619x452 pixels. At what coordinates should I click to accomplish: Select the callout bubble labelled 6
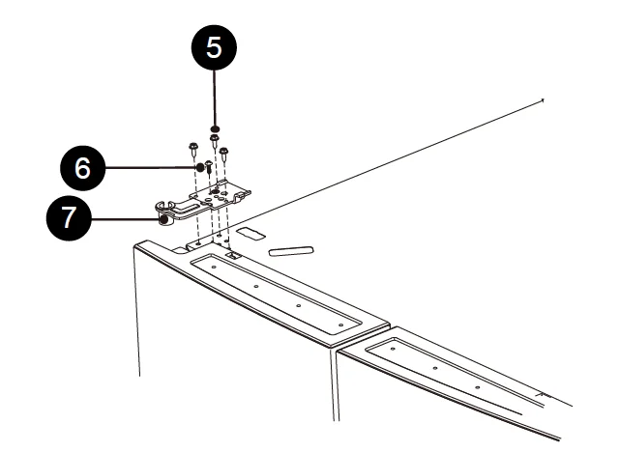coord(82,167)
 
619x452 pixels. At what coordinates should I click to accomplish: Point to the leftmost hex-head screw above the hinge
coord(193,149)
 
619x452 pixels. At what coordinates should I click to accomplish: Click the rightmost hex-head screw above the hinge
coord(223,152)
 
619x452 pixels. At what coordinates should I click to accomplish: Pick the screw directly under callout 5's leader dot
coord(214,141)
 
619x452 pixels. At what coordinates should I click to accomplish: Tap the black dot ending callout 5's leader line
coord(214,127)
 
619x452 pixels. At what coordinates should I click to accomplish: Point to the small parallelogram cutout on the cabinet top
coord(250,233)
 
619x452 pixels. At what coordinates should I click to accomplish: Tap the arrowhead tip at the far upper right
coord(544,99)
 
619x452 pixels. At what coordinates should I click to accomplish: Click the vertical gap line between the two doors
coord(335,386)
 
